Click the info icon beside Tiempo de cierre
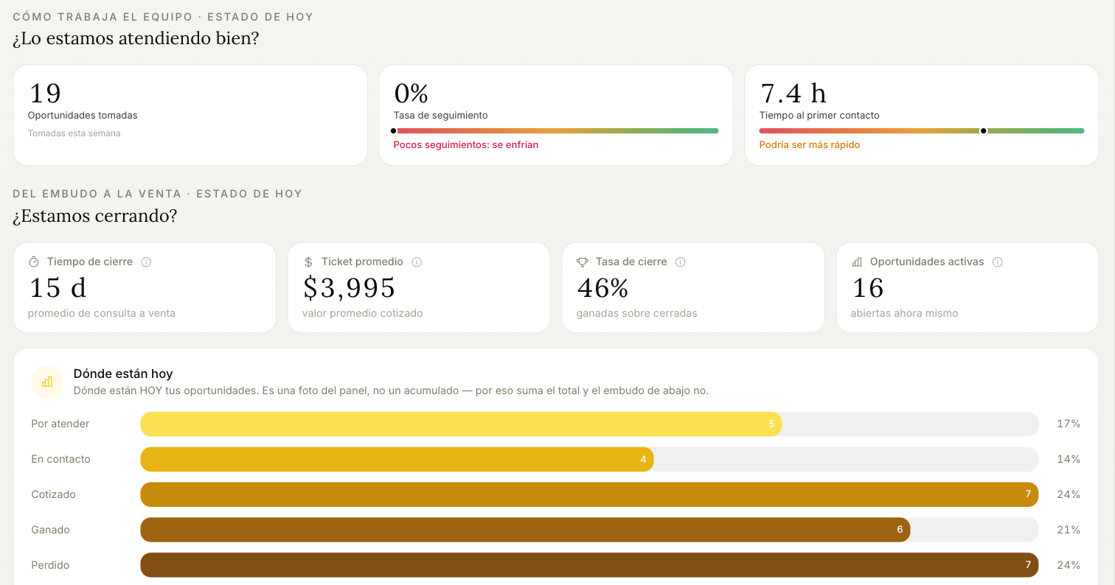(146, 262)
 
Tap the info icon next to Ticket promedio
(417, 262)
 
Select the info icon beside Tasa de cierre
(680, 262)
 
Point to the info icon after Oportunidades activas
(998, 262)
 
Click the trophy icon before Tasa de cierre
(582, 262)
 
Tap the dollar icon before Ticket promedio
(308, 262)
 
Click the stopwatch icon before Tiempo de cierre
(34, 262)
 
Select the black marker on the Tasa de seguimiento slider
(393, 131)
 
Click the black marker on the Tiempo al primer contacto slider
(983, 131)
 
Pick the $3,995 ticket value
(349, 288)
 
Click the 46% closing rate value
(602, 288)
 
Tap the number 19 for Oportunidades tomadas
(45, 93)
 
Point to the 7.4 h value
(793, 93)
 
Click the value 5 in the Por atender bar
(771, 424)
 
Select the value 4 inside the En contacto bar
(643, 459)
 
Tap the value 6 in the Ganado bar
(900, 530)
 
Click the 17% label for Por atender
(1069, 424)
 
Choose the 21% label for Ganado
(1069, 530)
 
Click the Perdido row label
(50, 565)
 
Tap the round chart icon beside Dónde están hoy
(46, 382)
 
